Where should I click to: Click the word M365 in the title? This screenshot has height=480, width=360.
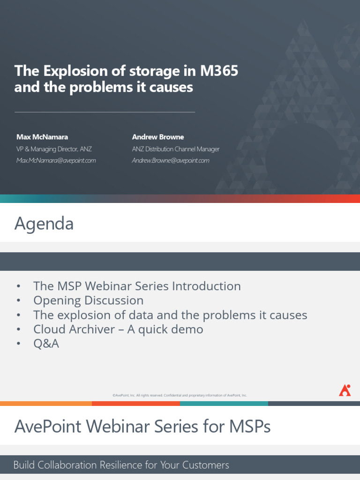click(219, 71)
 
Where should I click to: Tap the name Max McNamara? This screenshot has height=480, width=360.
click(42, 137)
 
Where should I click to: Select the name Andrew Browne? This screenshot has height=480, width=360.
click(158, 137)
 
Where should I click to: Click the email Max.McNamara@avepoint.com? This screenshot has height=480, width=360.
click(56, 160)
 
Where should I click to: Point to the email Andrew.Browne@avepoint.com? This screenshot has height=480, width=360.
click(171, 160)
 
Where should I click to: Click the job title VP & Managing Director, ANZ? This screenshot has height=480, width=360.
click(54, 149)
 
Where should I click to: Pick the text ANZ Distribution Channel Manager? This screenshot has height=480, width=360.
click(176, 149)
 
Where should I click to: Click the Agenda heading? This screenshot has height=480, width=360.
click(44, 224)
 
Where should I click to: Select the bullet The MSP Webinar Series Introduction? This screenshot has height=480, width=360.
click(137, 286)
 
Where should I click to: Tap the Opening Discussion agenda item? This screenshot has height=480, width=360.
click(88, 300)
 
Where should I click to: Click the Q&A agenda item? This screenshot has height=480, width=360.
click(46, 344)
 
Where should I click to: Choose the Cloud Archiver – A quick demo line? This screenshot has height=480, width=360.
click(118, 329)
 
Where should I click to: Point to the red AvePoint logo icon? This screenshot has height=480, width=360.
click(345, 390)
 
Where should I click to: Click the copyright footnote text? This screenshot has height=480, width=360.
click(180, 395)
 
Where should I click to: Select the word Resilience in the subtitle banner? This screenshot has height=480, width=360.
click(128, 465)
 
